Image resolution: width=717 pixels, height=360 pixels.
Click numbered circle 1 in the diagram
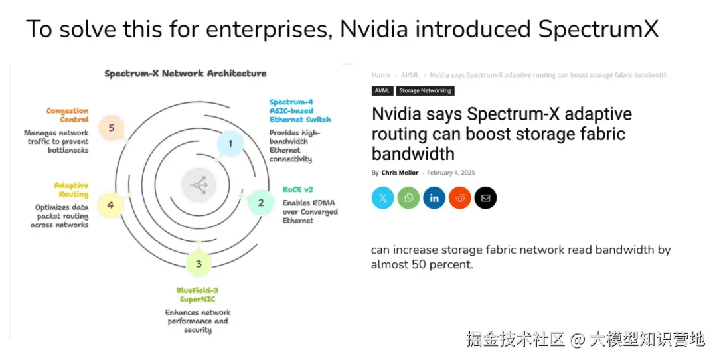point(230,143)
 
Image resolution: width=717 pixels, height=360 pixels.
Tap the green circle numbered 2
point(260,203)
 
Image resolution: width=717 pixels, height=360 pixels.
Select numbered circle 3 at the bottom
point(199,264)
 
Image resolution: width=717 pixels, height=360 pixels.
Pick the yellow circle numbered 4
point(110,205)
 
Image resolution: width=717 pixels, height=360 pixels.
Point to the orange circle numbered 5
point(111,128)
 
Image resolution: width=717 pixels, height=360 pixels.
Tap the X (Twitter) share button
point(383,198)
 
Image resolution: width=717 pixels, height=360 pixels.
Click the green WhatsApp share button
point(408,198)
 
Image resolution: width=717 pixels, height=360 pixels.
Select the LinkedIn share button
point(434,198)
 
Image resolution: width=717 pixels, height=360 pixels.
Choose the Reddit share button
point(459,198)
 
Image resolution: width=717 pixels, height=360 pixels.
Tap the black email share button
point(485,198)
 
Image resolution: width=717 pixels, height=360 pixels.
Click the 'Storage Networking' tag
point(426,90)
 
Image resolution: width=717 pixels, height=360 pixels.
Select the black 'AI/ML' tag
point(382,90)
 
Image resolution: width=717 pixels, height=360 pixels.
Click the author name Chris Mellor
point(400,173)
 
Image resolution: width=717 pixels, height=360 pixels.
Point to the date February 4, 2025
point(451,173)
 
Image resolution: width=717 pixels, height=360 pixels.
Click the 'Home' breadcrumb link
point(381,75)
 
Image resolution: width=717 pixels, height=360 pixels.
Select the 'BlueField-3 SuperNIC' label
point(198,294)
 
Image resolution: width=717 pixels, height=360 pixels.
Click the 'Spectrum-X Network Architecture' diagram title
point(185,74)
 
